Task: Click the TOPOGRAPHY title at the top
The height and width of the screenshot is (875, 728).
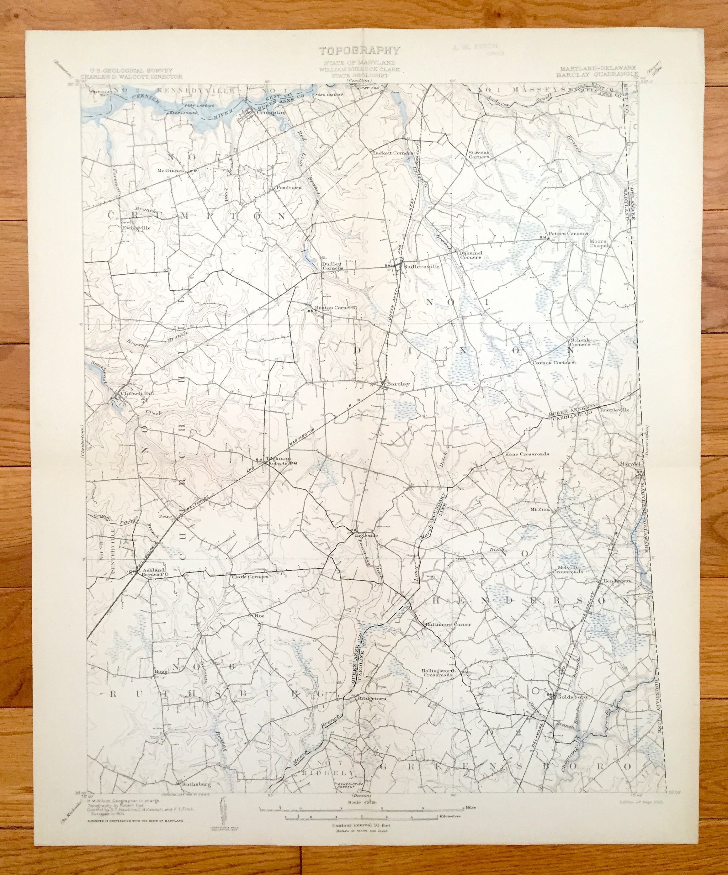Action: tap(360, 51)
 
